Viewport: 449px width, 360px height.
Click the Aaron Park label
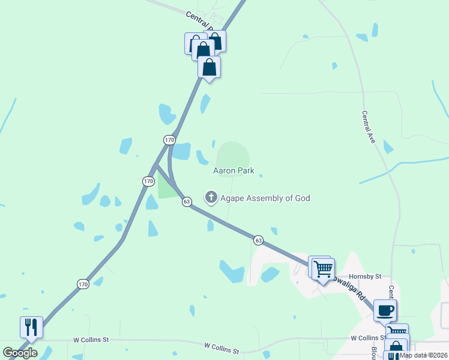[x=234, y=171]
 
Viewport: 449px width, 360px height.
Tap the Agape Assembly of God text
[x=265, y=198]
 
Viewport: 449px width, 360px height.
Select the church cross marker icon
[x=211, y=197]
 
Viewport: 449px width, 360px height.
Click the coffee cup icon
[x=385, y=310]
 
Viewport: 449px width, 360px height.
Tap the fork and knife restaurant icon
[x=31, y=327]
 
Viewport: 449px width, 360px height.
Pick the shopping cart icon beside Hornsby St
[x=323, y=268]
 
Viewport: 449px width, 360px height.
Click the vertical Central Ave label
[x=369, y=127]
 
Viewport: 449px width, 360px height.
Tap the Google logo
[x=20, y=353]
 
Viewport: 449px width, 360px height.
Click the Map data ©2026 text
[x=424, y=355]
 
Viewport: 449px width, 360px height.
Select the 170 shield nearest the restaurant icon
[x=83, y=284]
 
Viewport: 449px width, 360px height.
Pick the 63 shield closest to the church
[x=187, y=202]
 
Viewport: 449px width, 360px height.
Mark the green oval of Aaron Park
[x=233, y=154]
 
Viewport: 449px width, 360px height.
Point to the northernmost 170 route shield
[x=169, y=140]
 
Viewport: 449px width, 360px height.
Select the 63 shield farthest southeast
[x=258, y=240]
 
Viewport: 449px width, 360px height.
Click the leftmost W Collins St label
[x=91, y=340]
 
